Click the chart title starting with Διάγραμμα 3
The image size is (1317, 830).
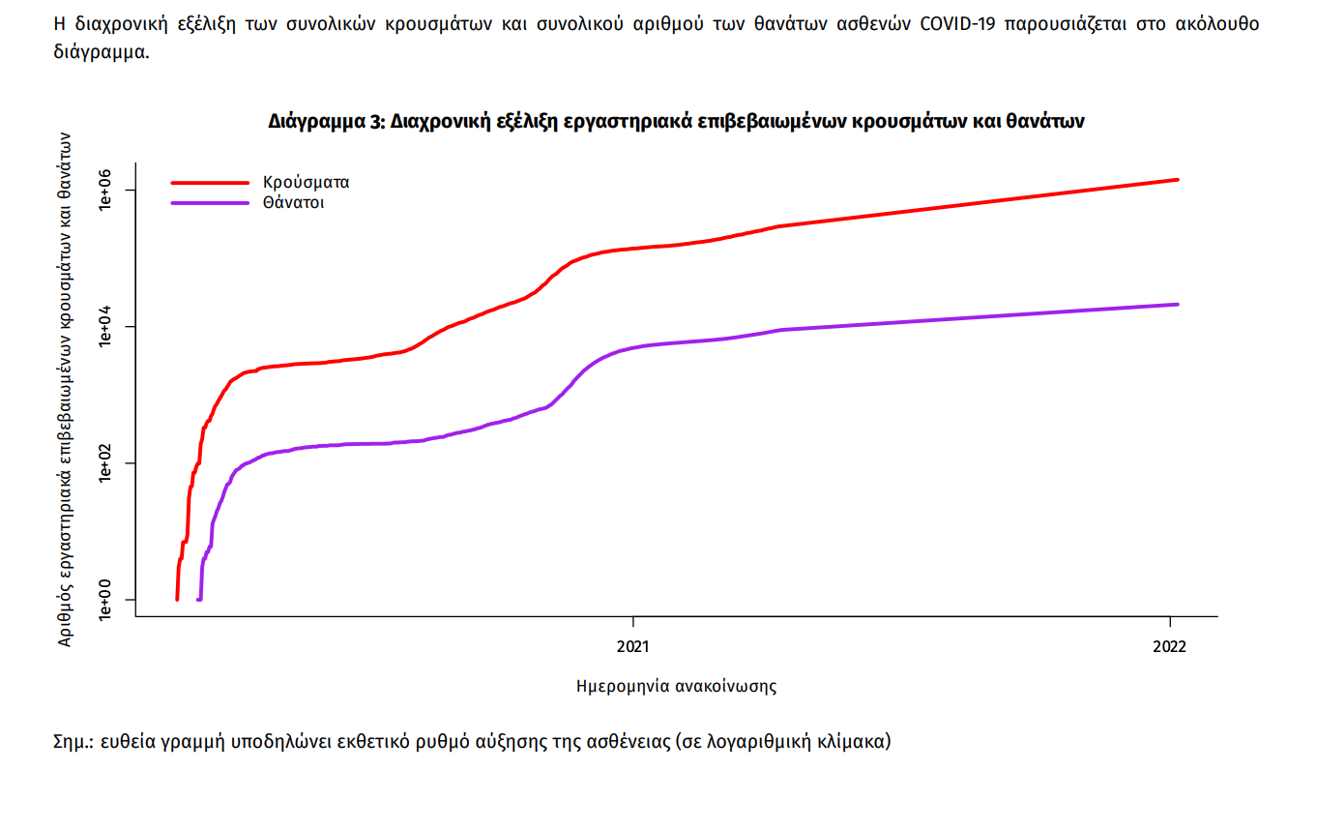pos(677,122)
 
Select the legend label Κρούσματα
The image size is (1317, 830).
pos(306,182)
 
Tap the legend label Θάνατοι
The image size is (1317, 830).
pos(292,203)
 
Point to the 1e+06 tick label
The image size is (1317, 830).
pos(107,191)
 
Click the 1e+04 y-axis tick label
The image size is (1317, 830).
pos(107,327)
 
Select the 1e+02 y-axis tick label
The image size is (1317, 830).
pos(107,463)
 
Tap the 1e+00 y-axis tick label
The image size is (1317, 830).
pos(107,600)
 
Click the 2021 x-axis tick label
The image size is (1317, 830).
pos(632,645)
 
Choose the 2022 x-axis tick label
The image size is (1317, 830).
pos(1170,645)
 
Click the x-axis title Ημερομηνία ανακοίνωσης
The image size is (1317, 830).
pos(676,687)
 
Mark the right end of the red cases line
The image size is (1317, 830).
pos(1177,180)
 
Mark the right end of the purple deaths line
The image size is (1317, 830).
pos(1177,305)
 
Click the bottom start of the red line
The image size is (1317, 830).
pos(177,599)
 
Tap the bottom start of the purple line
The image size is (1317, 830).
pos(198,600)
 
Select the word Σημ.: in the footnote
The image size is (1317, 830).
pos(75,743)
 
